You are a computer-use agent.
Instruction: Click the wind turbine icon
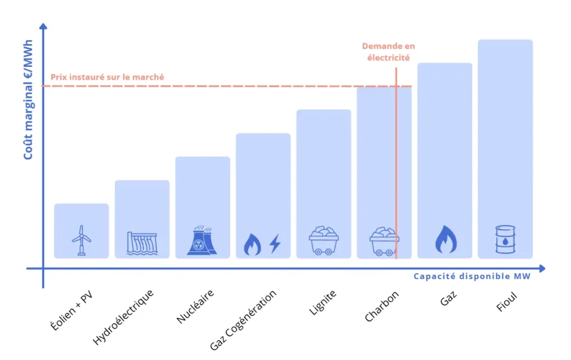81,240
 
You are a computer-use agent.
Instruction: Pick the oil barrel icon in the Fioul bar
505,240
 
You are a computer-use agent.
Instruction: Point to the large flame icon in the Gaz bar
445,240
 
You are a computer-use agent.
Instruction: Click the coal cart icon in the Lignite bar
324,241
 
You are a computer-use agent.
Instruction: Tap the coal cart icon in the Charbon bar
384,241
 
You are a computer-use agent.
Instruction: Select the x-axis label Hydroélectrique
123,316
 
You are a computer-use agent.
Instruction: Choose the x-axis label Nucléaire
195,307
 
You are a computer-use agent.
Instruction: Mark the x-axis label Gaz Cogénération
243,320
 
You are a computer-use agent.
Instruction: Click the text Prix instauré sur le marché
107,77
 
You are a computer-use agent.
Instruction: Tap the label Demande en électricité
388,51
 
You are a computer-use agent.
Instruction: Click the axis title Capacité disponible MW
472,276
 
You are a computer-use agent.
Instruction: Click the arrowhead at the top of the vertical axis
43,26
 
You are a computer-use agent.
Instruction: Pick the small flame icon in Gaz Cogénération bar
252,245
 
